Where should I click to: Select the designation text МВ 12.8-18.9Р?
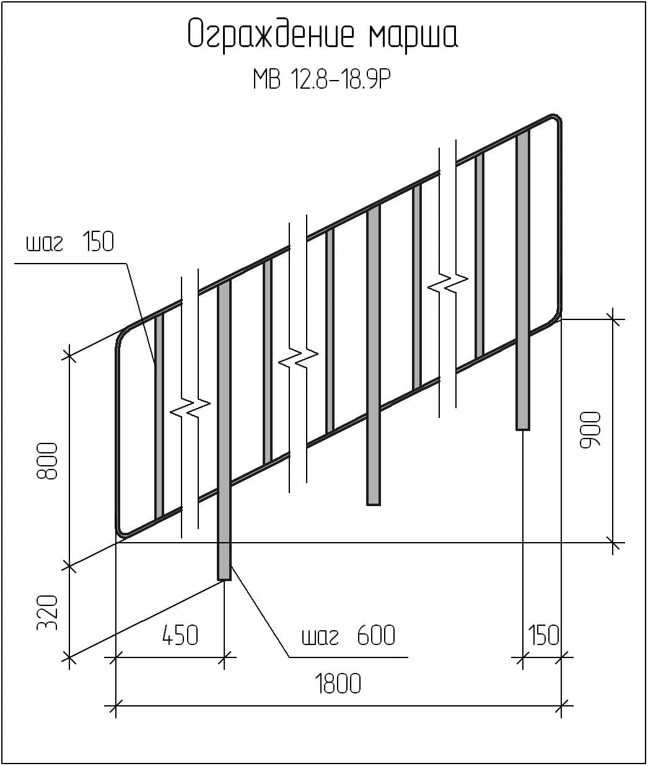322,79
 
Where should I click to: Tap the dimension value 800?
47,461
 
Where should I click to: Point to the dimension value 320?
47,613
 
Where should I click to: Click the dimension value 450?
180,635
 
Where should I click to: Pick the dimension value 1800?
338,684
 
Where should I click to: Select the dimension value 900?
590,430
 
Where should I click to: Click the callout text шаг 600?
349,635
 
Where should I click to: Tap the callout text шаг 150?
70,242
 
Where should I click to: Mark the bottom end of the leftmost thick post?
224,579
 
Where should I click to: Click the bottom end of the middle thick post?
374,504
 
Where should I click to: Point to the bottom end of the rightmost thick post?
522,429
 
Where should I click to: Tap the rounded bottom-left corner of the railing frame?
122,532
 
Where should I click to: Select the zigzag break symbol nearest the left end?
190,408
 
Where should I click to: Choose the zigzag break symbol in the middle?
298,358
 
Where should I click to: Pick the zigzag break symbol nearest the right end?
448,283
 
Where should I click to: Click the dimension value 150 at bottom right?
543,635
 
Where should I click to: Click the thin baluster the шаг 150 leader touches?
159,416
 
